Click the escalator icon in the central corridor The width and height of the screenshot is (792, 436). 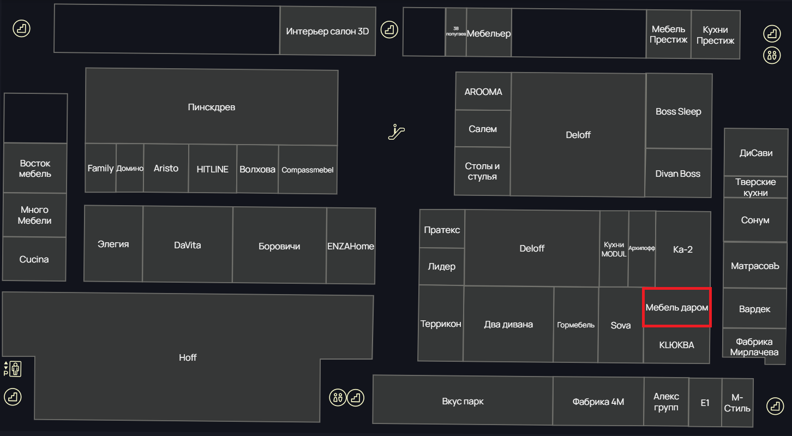(397, 132)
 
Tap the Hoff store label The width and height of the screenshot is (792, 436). (188, 357)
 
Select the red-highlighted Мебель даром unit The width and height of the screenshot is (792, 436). (677, 307)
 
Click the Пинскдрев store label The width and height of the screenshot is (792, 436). (212, 107)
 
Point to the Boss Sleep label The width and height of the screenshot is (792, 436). (678, 111)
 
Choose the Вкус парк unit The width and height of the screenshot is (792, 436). (463, 400)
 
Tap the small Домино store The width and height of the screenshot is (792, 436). (130, 168)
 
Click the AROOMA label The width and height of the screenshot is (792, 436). (483, 92)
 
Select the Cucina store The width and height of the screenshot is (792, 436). (34, 259)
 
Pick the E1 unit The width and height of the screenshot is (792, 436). (705, 402)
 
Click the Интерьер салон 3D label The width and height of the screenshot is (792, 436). (327, 32)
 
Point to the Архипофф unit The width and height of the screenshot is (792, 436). (642, 249)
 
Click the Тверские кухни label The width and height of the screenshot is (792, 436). (755, 187)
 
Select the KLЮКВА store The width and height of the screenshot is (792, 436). (676, 345)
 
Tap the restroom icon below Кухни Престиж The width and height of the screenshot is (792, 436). (772, 56)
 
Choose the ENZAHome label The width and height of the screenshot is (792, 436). (350, 246)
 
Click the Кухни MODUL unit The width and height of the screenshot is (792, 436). (614, 249)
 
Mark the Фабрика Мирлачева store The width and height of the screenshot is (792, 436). (754, 347)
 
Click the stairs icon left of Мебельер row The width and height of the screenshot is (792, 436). (389, 29)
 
